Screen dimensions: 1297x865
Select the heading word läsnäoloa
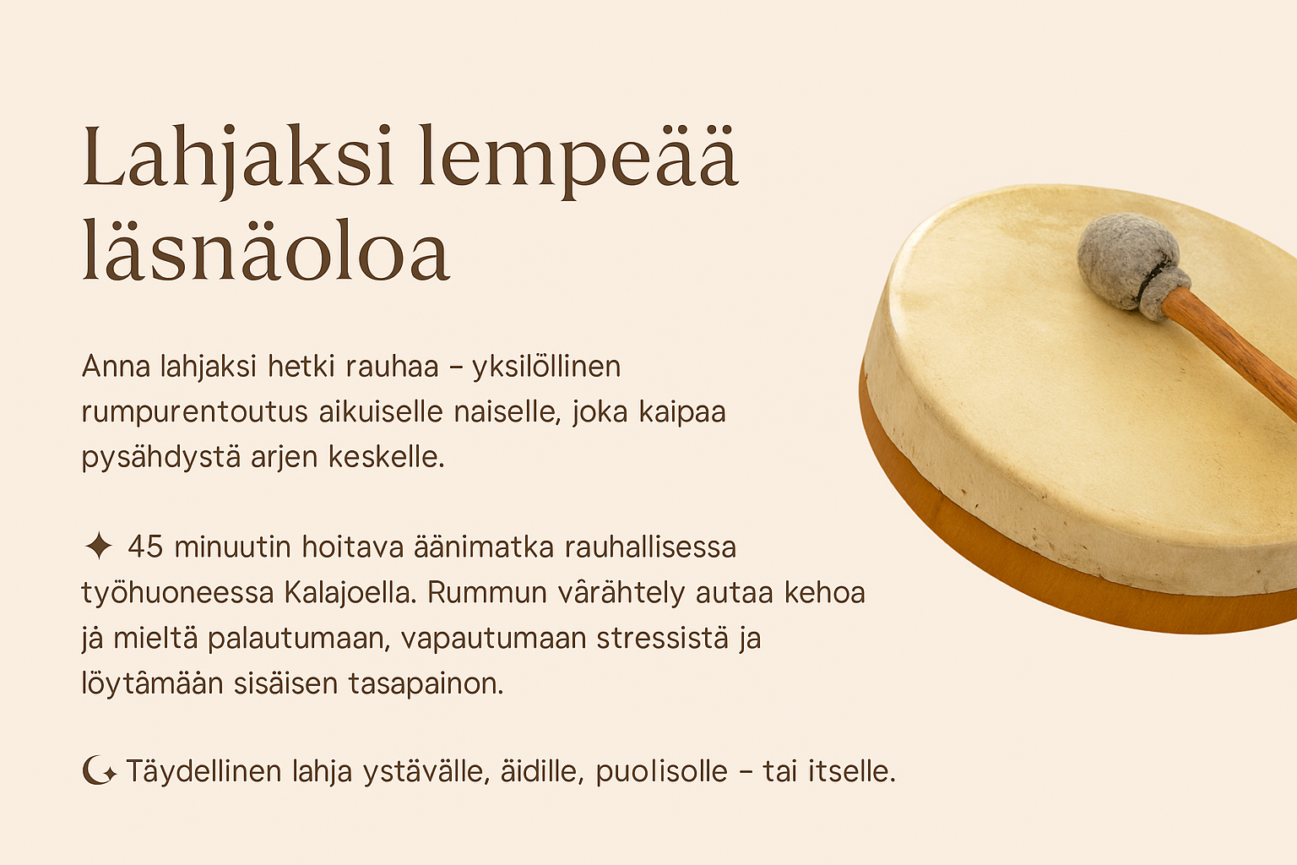point(266,251)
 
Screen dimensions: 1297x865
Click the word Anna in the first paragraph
point(116,366)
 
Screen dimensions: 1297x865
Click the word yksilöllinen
point(546,367)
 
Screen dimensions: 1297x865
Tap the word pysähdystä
point(161,458)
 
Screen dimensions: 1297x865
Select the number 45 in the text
point(145,547)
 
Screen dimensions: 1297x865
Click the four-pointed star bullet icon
point(98,546)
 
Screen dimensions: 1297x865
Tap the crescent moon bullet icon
point(99,771)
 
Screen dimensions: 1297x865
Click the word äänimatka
point(484,547)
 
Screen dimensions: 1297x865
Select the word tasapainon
point(426,684)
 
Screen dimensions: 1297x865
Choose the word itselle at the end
point(852,772)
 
